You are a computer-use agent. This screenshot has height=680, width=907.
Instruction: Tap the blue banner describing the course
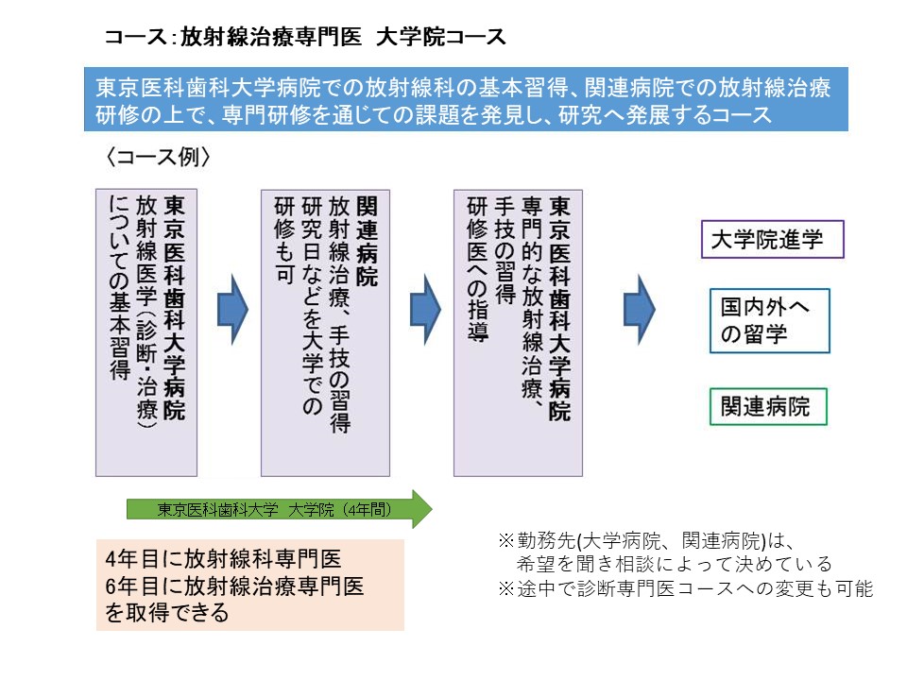point(464,100)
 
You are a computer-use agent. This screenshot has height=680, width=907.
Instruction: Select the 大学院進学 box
point(772,240)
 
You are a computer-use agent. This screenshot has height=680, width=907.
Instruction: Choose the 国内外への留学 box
point(769,321)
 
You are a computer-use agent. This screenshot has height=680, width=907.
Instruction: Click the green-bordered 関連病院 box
point(766,407)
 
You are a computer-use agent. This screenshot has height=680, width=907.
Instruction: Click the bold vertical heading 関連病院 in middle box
point(368,242)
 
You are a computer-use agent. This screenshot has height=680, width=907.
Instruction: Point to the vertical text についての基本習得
point(119,287)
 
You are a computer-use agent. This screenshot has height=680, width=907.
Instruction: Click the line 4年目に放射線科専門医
point(224,558)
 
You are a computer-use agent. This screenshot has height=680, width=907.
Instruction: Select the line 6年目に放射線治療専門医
point(235,586)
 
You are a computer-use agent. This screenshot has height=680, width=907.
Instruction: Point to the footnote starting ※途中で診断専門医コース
point(686,587)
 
